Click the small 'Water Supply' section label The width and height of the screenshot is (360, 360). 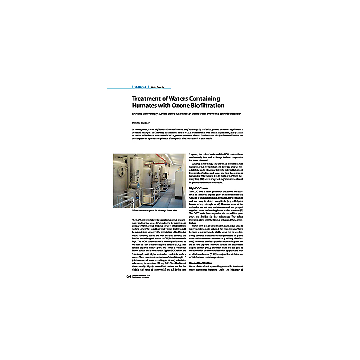[x=157, y=87]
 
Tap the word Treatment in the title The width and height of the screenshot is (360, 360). [x=148, y=99]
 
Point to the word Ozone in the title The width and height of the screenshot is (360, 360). [x=185, y=106]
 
